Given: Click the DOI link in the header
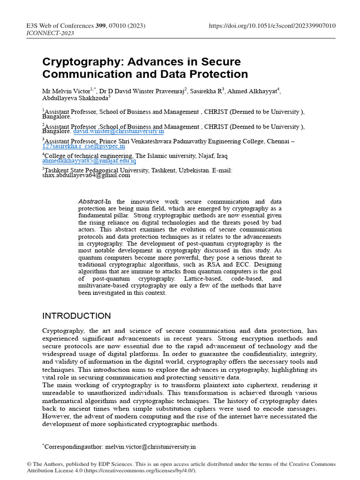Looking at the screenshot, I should pyautogui.click(x=272, y=25).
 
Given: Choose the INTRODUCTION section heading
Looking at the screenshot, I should pyautogui.click(x=76, y=315).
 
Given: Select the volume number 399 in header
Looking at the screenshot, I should pyautogui.click(x=101, y=25).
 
